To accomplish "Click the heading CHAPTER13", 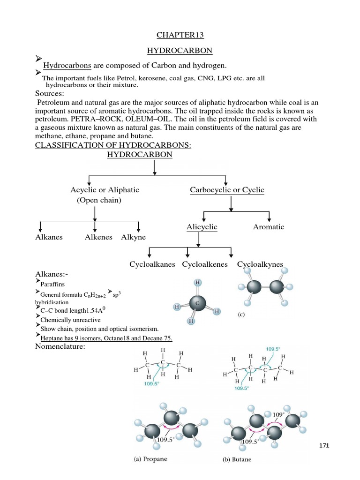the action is click(180, 35).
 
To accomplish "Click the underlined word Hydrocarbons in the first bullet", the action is click(67, 66).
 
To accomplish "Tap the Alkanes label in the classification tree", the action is click(49, 237).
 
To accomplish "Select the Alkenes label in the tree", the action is click(98, 237).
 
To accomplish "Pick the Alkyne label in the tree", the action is click(134, 237).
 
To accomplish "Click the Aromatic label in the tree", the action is click(269, 227).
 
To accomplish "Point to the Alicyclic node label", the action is click(202, 227).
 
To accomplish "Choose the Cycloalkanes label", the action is click(152, 264).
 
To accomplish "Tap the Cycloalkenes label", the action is click(205, 264).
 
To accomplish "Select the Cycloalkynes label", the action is click(260, 264).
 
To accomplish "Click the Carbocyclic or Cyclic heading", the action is click(227, 190).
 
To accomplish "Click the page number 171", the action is click(324, 445).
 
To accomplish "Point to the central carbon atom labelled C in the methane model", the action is click(197, 303).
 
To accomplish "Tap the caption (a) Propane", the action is click(150, 459).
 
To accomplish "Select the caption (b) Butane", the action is click(237, 459).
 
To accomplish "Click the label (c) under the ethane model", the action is click(241, 315).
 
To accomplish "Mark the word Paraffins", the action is click(52, 285).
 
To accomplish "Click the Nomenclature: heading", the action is click(60, 346).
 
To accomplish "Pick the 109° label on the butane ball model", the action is click(278, 415).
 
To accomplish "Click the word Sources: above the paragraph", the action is click(50, 93).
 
